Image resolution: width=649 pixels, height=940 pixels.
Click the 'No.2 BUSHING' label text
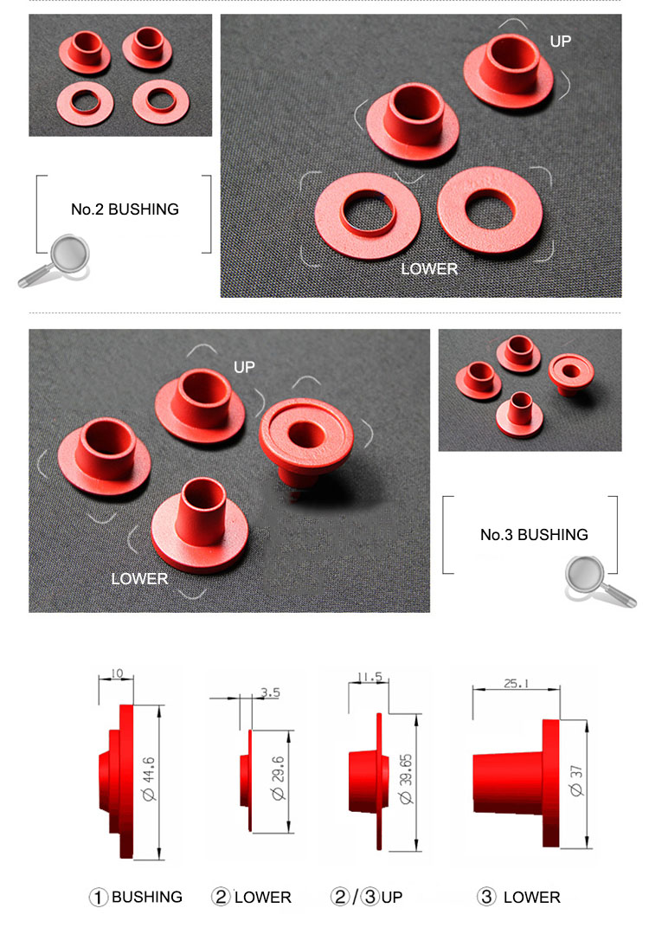click(125, 209)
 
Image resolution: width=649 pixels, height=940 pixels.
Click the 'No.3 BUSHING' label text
click(534, 535)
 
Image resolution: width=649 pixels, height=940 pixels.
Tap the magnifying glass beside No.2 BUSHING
click(54, 261)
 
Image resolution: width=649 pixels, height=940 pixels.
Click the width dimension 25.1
click(517, 683)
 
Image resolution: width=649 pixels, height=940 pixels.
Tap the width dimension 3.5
click(269, 692)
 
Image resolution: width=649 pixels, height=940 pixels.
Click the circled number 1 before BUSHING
click(100, 898)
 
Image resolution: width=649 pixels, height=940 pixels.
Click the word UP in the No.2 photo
click(560, 41)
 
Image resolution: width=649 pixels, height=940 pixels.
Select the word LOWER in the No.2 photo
click(428, 269)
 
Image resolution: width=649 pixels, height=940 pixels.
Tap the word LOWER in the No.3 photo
click(139, 579)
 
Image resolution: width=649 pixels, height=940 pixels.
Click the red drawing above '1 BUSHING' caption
click(121, 779)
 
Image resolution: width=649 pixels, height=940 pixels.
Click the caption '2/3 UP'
click(366, 898)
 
